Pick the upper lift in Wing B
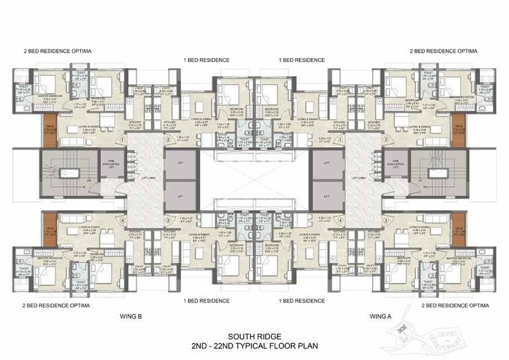point(180,163)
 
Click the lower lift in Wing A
point(327,195)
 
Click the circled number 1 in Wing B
point(122,140)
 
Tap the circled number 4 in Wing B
point(122,219)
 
